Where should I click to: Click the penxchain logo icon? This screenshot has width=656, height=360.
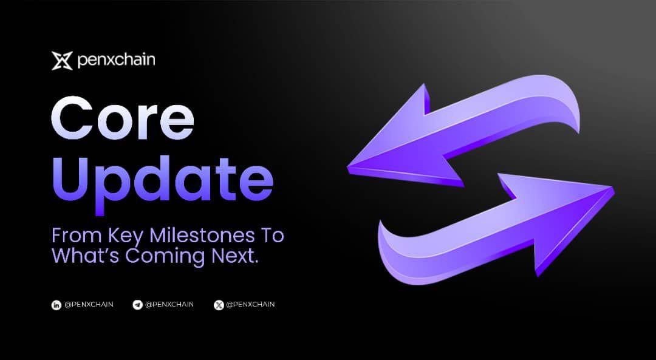(62, 61)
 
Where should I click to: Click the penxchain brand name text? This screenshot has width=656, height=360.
(116, 61)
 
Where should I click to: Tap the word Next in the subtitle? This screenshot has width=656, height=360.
(234, 256)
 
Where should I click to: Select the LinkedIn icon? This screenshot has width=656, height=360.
(56, 305)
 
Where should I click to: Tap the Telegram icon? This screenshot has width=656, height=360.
(137, 305)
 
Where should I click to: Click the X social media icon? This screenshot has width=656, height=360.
(219, 305)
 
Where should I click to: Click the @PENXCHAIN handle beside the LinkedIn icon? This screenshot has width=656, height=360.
(89, 304)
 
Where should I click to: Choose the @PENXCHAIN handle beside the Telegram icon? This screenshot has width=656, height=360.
(169, 304)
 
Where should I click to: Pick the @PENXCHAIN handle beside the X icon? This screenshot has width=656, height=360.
(250, 304)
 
